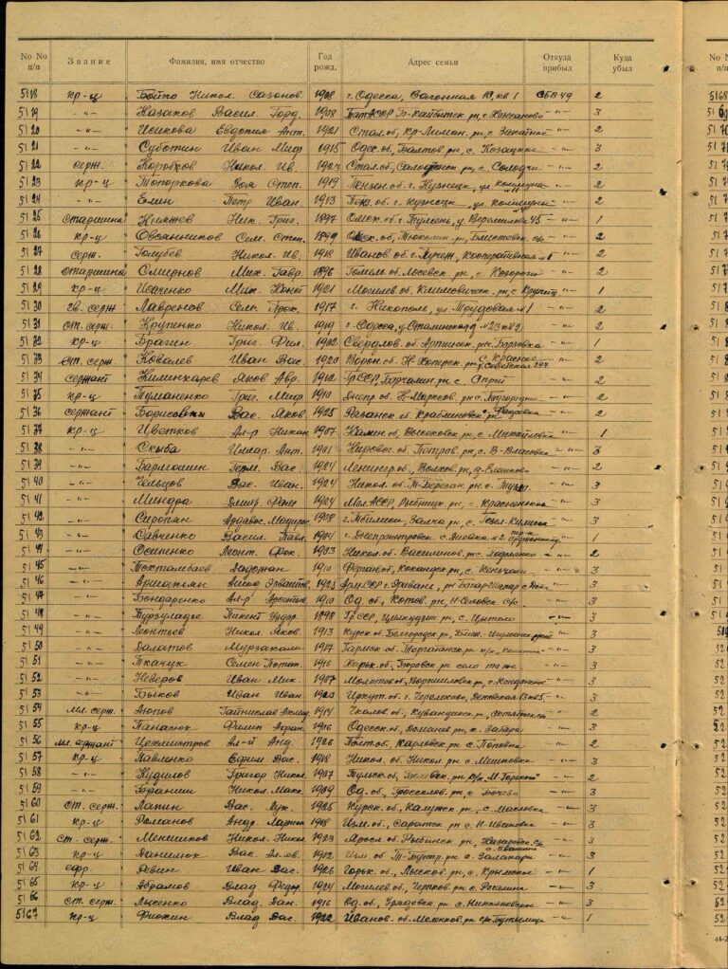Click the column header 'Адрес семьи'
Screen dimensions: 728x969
(432, 63)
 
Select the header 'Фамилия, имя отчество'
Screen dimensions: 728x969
(217, 62)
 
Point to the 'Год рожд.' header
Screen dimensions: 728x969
(325, 63)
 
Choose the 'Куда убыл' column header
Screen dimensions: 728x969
(622, 63)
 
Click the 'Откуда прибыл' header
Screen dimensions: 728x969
(556, 63)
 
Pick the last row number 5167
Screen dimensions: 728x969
(34, 916)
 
